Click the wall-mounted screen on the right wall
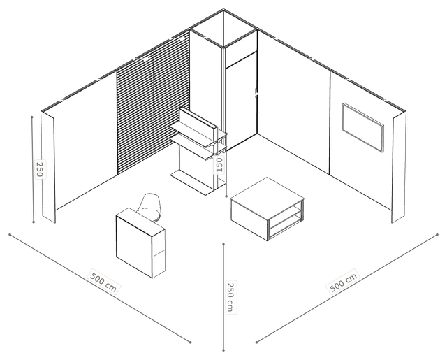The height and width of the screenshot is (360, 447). coord(363,127)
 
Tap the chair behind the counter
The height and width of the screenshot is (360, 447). coord(150,207)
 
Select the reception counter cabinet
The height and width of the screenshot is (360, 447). coord(140,243)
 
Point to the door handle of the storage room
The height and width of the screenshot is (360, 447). coord(256,92)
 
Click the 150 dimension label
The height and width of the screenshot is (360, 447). coord(219,164)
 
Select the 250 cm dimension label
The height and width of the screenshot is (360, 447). coord(230,296)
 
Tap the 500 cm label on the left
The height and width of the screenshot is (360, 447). coord(103,282)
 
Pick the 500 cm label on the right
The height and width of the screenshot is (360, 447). coord(343,282)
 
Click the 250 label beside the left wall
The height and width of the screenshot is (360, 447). coord(40,169)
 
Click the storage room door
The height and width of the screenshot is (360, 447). coord(241,105)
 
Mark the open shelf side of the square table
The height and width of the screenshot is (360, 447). coord(286,220)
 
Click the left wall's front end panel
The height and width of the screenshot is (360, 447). coord(48,167)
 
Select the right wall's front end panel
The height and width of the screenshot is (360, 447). coord(399,167)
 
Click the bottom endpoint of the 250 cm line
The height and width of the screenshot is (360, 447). coord(223,350)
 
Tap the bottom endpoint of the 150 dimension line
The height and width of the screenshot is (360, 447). coord(226,196)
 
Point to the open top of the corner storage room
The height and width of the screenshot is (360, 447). coord(223,28)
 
